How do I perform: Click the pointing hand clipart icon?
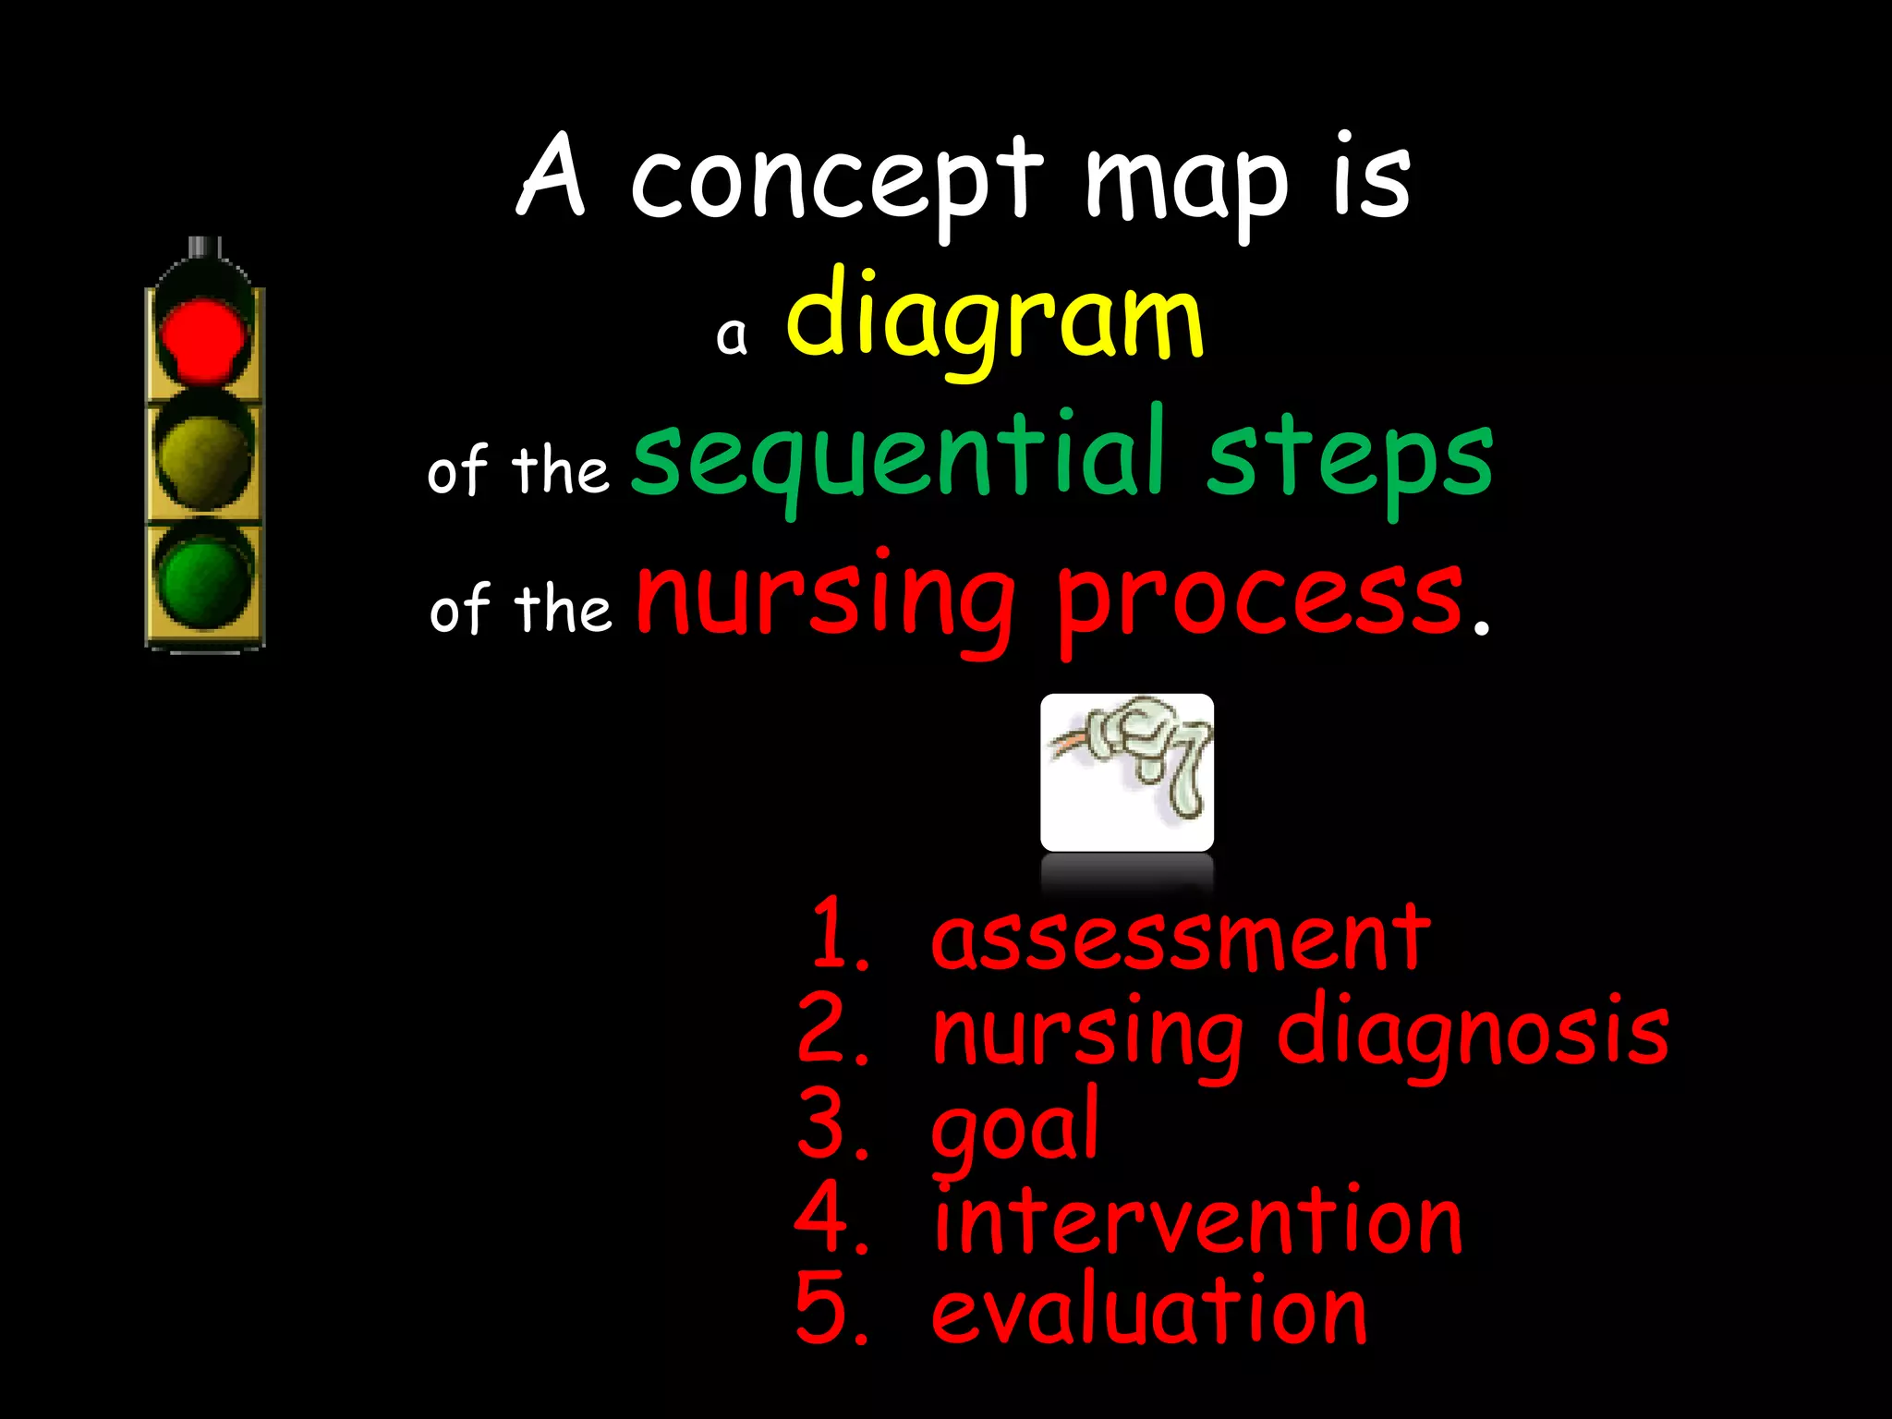[x=1127, y=771]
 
